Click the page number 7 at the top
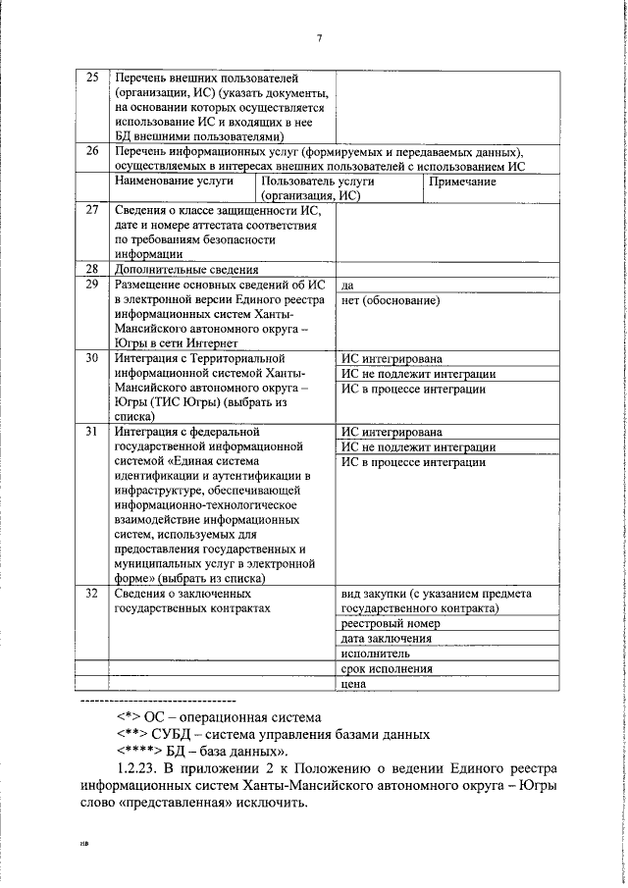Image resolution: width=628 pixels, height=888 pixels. pyautogui.click(x=320, y=38)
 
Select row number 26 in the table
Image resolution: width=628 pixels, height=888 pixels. pyautogui.click(x=92, y=151)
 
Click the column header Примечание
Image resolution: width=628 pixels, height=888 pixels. pyautogui.click(x=462, y=182)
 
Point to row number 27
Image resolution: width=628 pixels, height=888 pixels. pyautogui.click(x=92, y=210)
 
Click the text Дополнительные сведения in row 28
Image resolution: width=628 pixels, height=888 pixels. pyautogui.click(x=185, y=270)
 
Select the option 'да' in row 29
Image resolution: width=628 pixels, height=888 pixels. pyautogui.click(x=348, y=286)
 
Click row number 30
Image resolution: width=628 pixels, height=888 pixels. pyautogui.click(x=92, y=358)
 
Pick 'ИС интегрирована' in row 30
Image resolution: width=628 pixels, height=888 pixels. pyautogui.click(x=391, y=359)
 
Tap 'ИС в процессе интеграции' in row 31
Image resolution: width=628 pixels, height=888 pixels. pyautogui.click(x=413, y=462)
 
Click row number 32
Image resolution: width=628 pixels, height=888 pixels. pyautogui.click(x=92, y=594)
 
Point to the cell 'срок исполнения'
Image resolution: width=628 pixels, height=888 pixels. pyautogui.click(x=387, y=668)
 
